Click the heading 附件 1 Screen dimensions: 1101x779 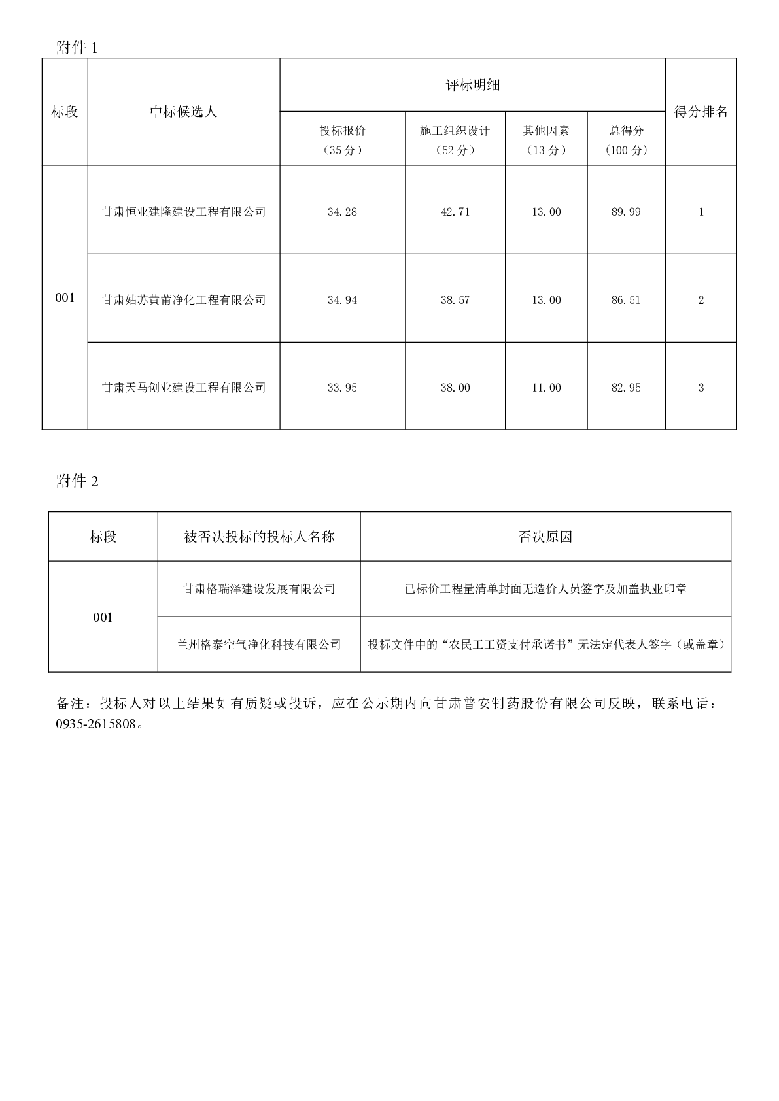tap(77, 48)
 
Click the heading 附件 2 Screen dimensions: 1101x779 tap(77, 482)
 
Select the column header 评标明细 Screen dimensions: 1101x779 tap(472, 85)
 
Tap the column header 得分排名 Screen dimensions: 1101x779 tap(701, 112)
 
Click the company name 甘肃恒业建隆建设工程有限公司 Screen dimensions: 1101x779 tap(184, 212)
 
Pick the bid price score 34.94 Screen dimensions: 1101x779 tap(342, 300)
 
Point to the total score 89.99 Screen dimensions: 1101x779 tap(626, 212)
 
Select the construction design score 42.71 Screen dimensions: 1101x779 tap(455, 212)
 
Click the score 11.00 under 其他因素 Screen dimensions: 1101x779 tap(546, 388)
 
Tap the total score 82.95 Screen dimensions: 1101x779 tap(626, 388)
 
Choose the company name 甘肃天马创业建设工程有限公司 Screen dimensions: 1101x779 tap(184, 388)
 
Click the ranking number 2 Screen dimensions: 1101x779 tap(701, 300)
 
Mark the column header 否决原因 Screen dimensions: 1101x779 tap(545, 537)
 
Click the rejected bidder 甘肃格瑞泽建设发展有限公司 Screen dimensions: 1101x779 tap(259, 589)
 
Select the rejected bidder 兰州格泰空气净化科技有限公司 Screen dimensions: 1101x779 tap(259, 645)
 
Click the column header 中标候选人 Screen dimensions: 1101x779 tap(183, 112)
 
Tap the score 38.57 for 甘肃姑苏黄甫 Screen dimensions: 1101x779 tap(455, 300)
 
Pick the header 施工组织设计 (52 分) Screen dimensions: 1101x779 tap(455, 140)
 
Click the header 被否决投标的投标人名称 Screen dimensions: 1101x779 tap(259, 537)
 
